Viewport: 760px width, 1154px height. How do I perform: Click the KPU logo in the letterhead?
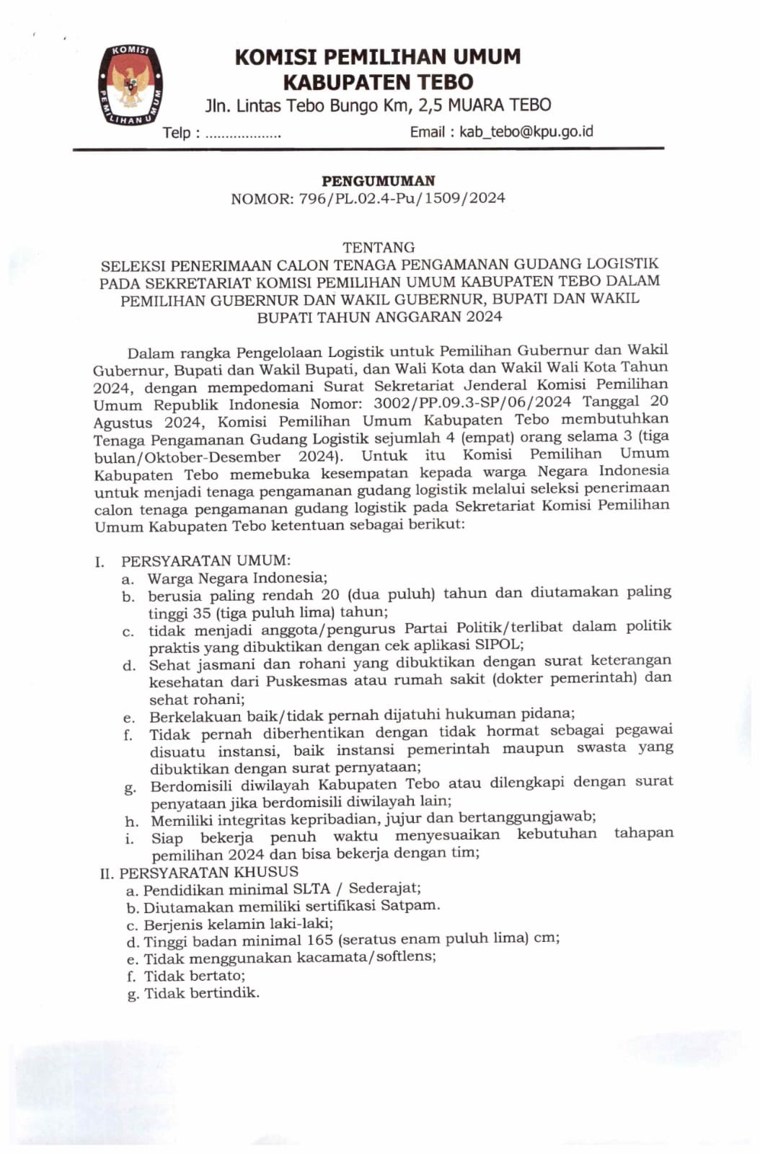tap(131, 84)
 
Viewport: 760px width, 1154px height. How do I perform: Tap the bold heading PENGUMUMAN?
tap(378, 181)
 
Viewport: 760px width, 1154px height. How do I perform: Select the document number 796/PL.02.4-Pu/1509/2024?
tap(402, 198)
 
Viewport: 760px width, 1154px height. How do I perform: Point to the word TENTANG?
tap(379, 247)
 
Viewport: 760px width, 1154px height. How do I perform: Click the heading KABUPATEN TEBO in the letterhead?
tap(378, 82)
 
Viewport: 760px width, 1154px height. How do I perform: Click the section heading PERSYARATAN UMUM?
tap(206, 560)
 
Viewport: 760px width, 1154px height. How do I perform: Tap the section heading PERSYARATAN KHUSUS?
tap(208, 872)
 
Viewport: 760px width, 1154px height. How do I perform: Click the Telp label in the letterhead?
tap(177, 133)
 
